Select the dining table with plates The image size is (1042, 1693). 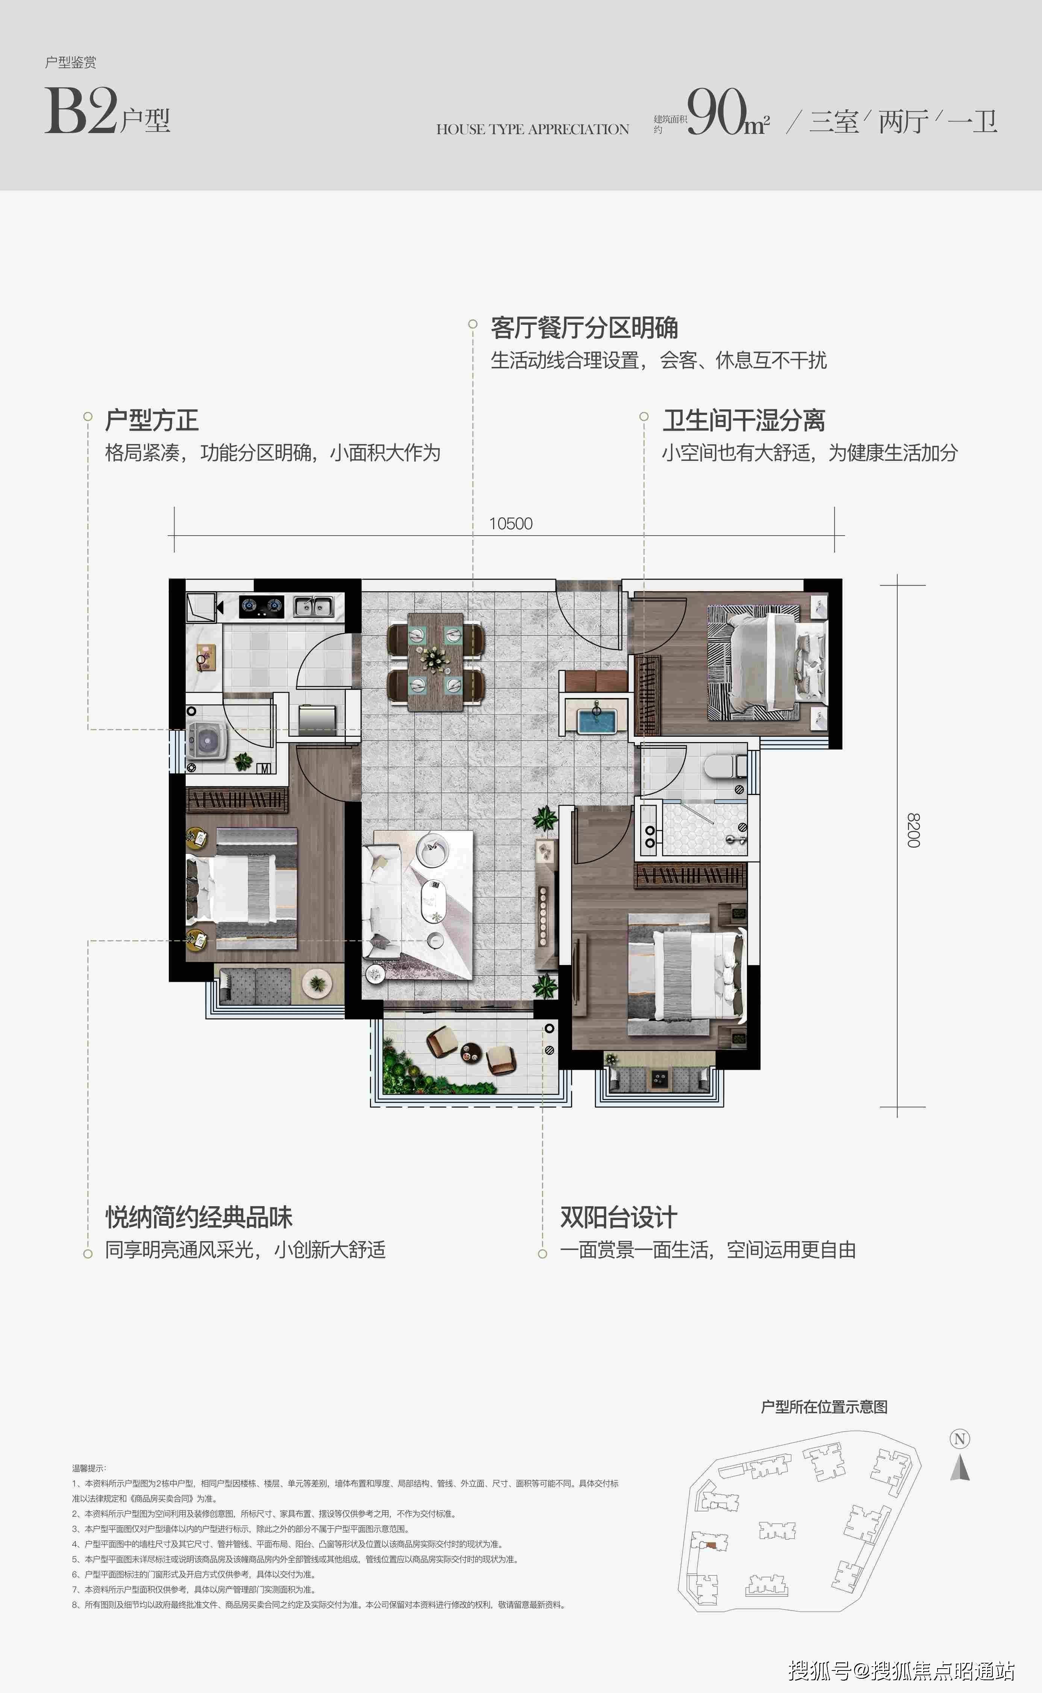pos(436,662)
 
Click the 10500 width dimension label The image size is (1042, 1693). pos(510,524)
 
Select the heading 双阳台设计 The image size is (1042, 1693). pos(618,1217)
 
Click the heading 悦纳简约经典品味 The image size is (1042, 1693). pos(199,1217)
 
